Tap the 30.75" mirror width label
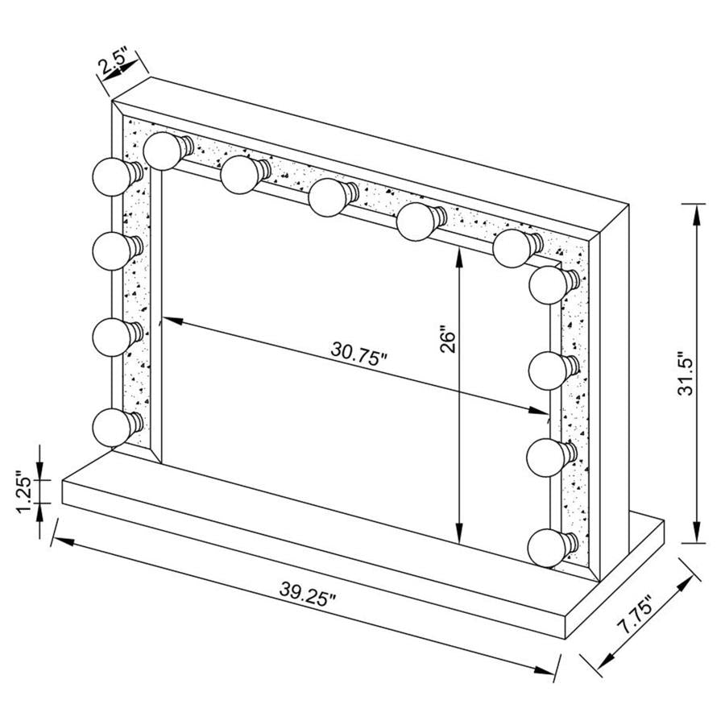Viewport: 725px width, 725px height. (x=359, y=352)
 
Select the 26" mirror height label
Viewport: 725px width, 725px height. (x=449, y=339)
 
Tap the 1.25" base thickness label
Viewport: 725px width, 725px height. (x=27, y=492)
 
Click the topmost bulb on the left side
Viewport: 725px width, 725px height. (x=111, y=173)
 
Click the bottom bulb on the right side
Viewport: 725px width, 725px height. (x=548, y=545)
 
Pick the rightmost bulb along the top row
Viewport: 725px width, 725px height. (x=512, y=248)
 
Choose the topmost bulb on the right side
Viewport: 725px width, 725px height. (x=549, y=284)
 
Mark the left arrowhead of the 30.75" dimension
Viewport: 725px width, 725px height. (x=167, y=321)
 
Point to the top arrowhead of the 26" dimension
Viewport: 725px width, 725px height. (x=459, y=252)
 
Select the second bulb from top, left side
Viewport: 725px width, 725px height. (x=111, y=251)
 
